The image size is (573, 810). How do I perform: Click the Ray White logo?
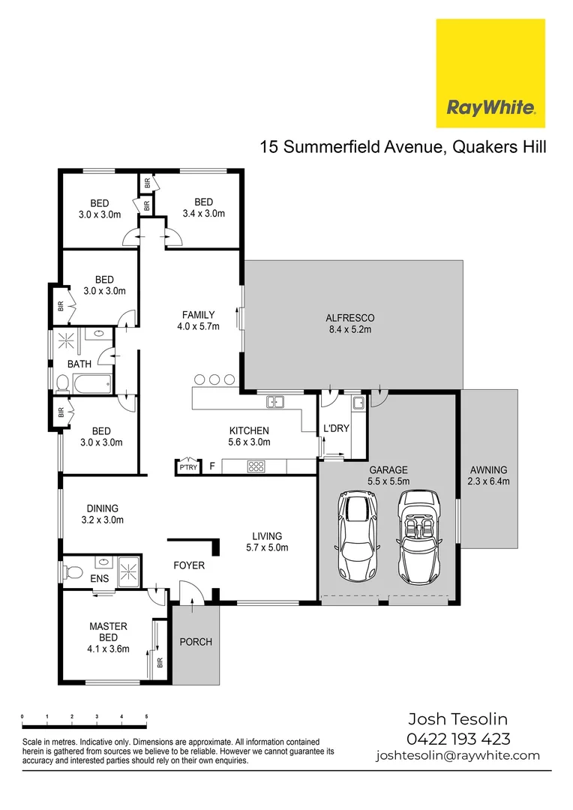click(490, 73)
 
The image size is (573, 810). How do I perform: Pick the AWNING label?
click(488, 470)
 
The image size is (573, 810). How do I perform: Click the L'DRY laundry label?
click(336, 428)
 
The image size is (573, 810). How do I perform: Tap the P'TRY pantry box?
click(186, 466)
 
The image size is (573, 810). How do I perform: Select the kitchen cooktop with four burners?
click(255, 466)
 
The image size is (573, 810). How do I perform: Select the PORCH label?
click(195, 642)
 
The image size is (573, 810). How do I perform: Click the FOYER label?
click(189, 565)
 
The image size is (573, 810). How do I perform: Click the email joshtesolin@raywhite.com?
click(457, 756)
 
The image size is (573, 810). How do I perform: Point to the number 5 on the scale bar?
click(145, 718)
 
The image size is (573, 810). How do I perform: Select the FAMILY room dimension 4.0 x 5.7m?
click(199, 326)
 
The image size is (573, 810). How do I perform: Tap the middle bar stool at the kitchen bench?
click(214, 379)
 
